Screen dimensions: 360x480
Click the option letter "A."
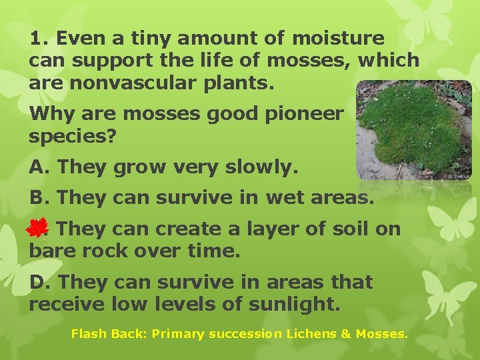click(40, 167)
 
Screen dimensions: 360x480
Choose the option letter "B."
click(40, 198)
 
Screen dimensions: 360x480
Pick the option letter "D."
click(40, 282)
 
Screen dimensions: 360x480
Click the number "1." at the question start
click(39, 39)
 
